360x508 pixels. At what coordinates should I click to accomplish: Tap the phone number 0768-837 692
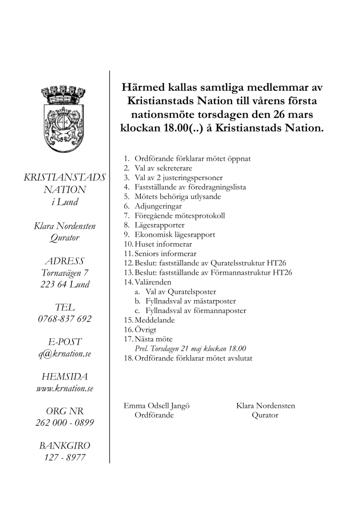pos(65,319)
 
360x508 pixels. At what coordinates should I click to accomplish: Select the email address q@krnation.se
pos(65,354)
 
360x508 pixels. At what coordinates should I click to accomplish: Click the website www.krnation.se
pos(65,388)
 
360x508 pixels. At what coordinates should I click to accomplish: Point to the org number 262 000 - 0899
pos(65,423)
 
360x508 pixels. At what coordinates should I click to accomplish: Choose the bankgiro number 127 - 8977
pos(65,458)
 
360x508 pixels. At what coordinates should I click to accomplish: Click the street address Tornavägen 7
pos(65,273)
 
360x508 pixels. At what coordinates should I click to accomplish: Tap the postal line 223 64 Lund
pos(65,285)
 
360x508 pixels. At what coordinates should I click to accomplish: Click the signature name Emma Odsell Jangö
pos(156,406)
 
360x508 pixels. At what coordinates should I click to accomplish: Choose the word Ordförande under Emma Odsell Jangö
pos(154,416)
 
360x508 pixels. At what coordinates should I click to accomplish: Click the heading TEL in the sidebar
pos(65,308)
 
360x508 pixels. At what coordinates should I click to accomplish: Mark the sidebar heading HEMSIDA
pos(65,377)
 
